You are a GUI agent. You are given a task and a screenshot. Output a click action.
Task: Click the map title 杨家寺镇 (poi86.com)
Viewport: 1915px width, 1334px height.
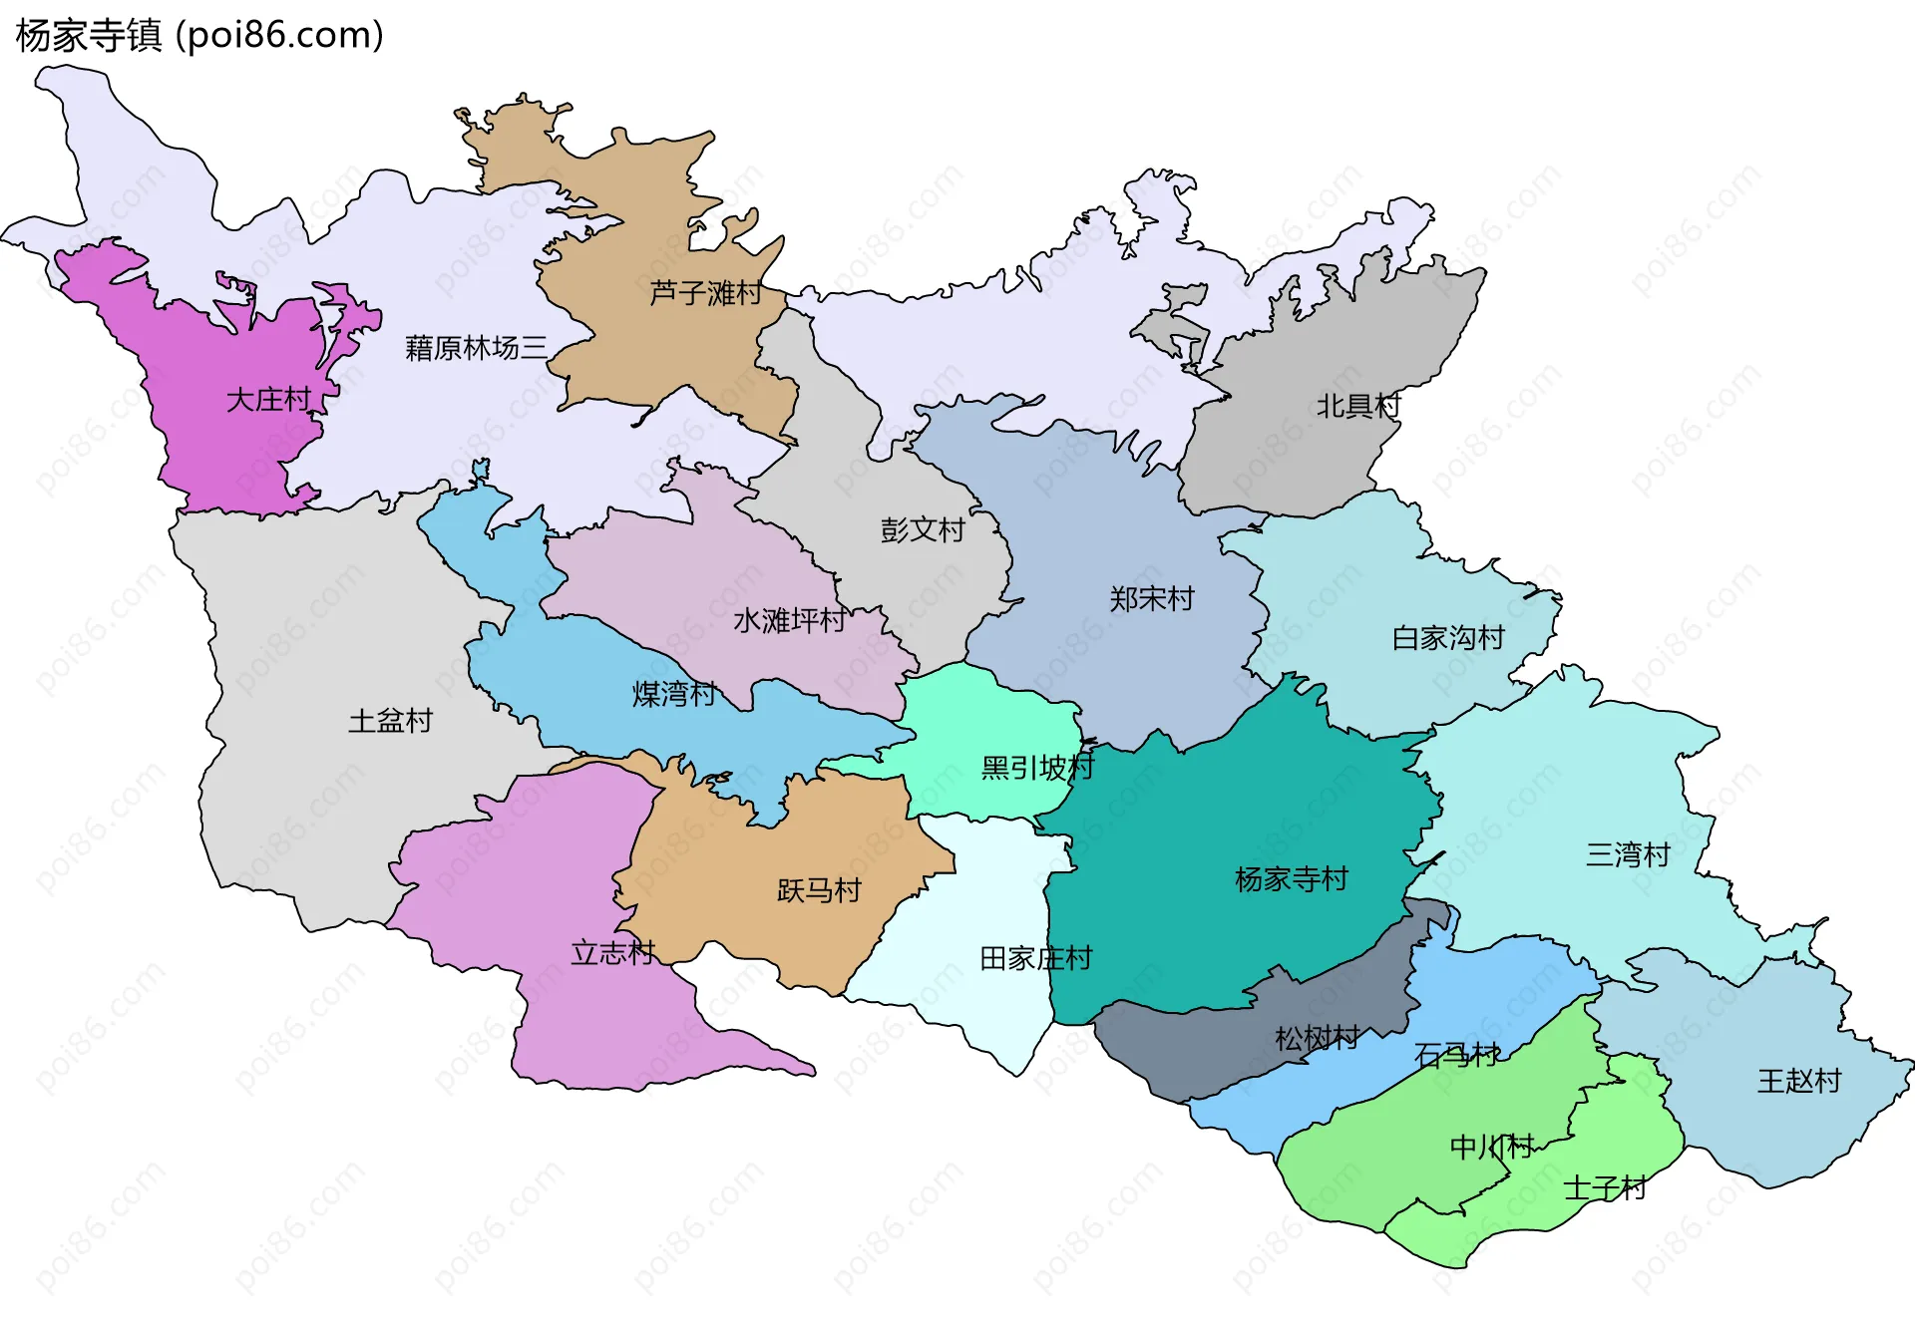click(x=199, y=36)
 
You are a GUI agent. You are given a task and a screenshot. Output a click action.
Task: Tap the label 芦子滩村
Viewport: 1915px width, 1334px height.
click(x=705, y=293)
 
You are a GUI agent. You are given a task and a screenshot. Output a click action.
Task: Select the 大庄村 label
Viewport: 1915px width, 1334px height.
click(x=268, y=400)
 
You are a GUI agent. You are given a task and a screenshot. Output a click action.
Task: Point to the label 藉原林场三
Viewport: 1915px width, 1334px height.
click(x=476, y=348)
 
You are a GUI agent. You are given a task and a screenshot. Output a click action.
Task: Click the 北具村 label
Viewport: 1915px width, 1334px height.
click(x=1357, y=406)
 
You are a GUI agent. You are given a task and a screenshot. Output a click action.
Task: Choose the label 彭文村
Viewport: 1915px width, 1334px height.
click(x=922, y=529)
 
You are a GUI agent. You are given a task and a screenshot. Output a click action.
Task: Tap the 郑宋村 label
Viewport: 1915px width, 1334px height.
click(x=1151, y=599)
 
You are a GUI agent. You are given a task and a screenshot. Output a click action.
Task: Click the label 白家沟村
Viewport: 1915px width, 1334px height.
click(x=1447, y=638)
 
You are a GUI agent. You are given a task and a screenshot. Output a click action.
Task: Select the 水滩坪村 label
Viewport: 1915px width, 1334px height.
click(x=789, y=621)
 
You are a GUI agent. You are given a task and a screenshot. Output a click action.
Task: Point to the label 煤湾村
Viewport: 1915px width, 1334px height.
click(x=673, y=694)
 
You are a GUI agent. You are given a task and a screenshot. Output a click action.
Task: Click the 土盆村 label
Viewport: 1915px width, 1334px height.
click(x=390, y=721)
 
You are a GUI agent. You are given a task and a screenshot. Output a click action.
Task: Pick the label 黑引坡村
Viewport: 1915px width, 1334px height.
click(x=1037, y=768)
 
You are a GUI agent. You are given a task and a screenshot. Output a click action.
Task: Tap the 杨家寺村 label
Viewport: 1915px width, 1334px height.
click(x=1291, y=879)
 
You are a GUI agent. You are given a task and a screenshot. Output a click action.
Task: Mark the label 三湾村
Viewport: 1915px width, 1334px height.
click(x=1628, y=854)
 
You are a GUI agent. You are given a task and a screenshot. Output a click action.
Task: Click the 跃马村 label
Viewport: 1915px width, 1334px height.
click(x=818, y=890)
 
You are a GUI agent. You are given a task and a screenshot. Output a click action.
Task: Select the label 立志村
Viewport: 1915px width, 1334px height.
click(x=612, y=953)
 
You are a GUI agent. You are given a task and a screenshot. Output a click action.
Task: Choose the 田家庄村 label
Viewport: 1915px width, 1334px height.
click(x=1035, y=959)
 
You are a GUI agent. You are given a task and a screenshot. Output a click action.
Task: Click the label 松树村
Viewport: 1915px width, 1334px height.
click(x=1317, y=1039)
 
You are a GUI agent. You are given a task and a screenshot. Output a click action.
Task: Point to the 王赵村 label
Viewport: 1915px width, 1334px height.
click(x=1798, y=1081)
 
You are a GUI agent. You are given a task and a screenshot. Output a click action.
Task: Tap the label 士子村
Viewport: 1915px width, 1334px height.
click(x=1604, y=1188)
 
